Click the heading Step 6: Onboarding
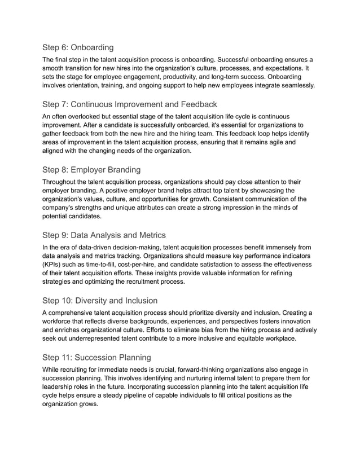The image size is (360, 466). click(78, 47)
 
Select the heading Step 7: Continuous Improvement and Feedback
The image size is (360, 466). click(130, 104)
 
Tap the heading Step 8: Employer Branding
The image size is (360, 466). click(92, 170)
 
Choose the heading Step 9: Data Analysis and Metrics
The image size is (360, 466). click(104, 235)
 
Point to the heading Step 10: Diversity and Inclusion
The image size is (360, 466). click(100, 300)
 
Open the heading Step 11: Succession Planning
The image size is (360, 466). click(96, 357)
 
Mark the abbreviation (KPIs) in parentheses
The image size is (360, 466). click(55, 265)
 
